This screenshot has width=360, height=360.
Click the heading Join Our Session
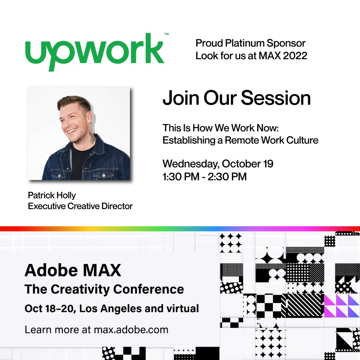click(x=236, y=98)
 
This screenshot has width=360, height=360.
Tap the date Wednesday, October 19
click(x=218, y=164)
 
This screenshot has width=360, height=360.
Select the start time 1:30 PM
click(x=181, y=176)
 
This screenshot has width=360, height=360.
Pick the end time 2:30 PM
click(x=227, y=176)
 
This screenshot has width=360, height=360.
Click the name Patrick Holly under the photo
click(x=52, y=195)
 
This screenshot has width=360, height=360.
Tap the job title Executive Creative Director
click(x=80, y=206)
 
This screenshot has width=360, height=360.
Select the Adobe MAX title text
click(x=73, y=270)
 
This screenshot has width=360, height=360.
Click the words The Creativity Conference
click(x=104, y=289)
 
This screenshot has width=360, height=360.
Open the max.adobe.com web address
click(x=131, y=330)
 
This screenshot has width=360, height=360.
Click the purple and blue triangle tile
click(x=342, y=305)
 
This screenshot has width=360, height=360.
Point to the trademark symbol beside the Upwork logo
click(x=166, y=34)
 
